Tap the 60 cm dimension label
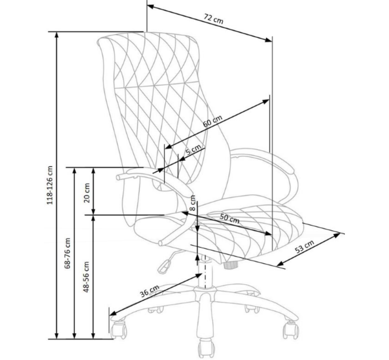coord(213,121)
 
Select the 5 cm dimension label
coord(193,150)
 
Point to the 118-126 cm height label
coord(50,185)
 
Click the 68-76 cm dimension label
coord(67,253)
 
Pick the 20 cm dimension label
coord(87,193)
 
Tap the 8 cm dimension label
coord(193,203)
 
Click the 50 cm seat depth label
coord(230,219)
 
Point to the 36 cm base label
coord(149,291)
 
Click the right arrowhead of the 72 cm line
coord(268,40)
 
